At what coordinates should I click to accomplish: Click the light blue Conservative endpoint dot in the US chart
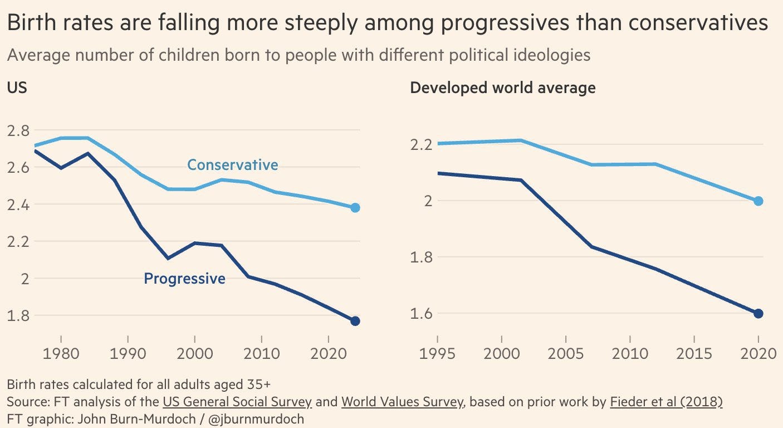coord(355,208)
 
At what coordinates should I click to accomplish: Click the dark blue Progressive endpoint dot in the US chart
coord(355,321)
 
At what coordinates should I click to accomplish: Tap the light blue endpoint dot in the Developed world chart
coord(758,201)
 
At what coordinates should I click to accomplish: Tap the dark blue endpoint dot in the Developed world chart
coord(758,313)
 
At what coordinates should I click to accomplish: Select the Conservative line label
coord(232,165)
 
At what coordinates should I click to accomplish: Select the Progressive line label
coord(184,278)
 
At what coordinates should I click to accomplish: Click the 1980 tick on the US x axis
coord(61,355)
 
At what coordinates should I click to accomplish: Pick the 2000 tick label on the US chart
coord(194,355)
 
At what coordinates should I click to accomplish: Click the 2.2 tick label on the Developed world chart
coord(422,145)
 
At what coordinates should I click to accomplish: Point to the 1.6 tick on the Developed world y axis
coord(422,314)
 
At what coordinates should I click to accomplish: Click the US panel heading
coord(17,87)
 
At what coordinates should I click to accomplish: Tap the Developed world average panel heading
coord(502,88)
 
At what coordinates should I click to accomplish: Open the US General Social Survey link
coord(237,401)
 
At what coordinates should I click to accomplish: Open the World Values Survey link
coord(402,401)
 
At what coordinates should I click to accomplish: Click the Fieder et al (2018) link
coord(666,401)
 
